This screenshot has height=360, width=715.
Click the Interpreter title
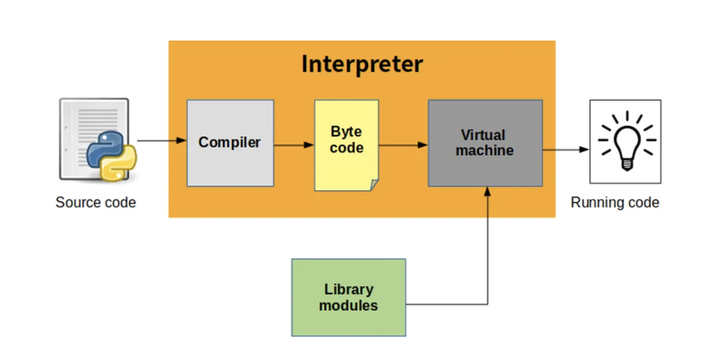(362, 64)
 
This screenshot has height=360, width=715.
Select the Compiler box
(230, 142)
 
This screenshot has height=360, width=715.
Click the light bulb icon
(626, 141)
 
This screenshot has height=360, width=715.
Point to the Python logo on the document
(112, 156)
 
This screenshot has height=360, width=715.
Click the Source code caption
(96, 203)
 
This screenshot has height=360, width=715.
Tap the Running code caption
(615, 203)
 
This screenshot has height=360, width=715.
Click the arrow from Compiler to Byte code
(294, 145)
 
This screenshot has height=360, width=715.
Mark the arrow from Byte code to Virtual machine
(403, 145)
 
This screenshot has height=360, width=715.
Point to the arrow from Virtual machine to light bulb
(566, 149)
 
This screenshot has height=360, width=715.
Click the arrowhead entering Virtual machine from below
(488, 191)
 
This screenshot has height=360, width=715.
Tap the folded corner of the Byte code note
(374, 185)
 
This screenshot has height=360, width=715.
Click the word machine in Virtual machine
(484, 151)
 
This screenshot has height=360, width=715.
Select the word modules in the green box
(348, 306)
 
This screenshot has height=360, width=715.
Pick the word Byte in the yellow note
(346, 132)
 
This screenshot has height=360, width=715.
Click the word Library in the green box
(348, 290)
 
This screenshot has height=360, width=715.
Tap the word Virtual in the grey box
(483, 135)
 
